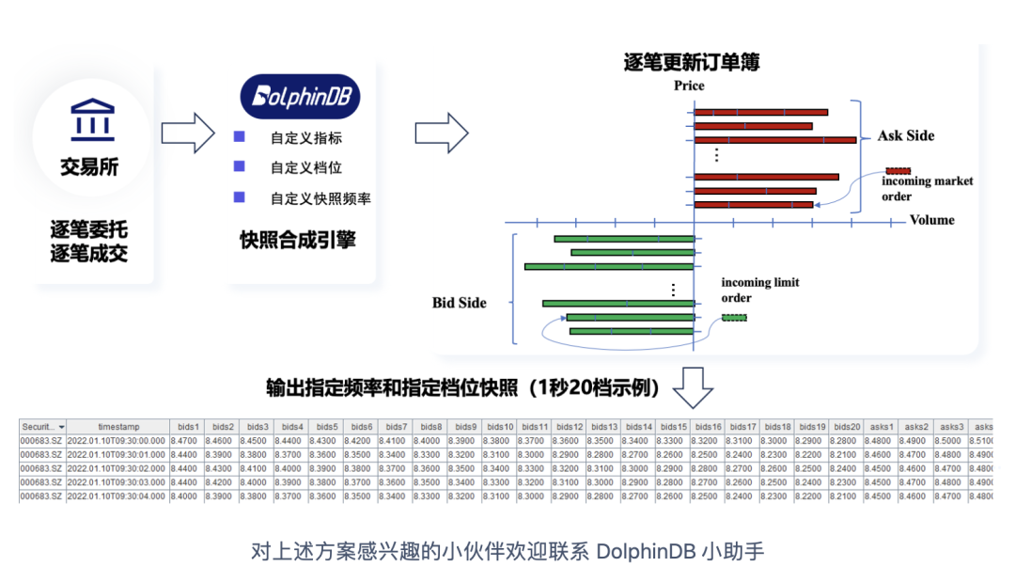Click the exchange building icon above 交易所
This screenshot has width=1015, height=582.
click(x=92, y=120)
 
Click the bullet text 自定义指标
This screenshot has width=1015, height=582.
click(x=305, y=138)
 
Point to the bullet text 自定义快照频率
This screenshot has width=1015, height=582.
click(x=320, y=198)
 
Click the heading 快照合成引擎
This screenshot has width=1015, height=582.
click(x=298, y=240)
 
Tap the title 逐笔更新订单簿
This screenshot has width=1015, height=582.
click(x=692, y=62)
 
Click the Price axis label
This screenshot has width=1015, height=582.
click(x=689, y=86)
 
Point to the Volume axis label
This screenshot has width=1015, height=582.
click(x=931, y=220)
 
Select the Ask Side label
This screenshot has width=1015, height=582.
click(x=906, y=135)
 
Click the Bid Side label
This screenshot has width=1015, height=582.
click(x=460, y=302)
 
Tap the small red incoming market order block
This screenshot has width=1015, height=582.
click(x=898, y=170)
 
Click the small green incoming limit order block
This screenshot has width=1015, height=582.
click(x=734, y=318)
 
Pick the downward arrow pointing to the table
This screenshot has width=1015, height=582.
click(x=694, y=387)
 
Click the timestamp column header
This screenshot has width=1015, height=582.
click(x=117, y=427)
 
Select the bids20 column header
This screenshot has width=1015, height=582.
click(x=847, y=427)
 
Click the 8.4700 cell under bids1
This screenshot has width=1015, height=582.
click(x=185, y=440)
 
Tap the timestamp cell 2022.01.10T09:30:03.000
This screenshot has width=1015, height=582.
click(x=117, y=481)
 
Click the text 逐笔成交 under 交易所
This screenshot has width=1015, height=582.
click(x=89, y=253)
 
